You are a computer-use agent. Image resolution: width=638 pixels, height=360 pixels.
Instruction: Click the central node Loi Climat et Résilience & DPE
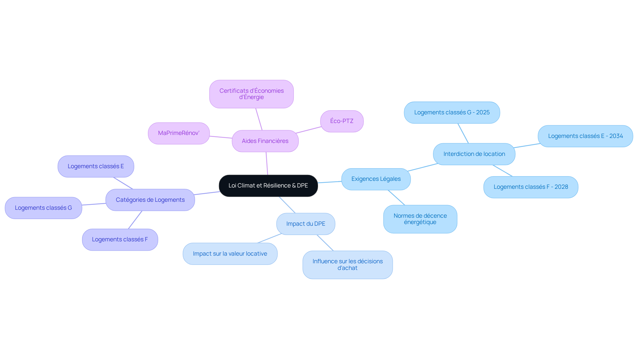tap(268, 185)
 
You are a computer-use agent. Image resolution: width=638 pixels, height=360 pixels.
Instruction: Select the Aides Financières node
tap(265, 141)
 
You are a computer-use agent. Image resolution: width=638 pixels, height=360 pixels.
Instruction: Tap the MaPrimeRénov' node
tap(179, 133)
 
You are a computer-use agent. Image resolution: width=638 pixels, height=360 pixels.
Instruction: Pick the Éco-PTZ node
tap(342, 121)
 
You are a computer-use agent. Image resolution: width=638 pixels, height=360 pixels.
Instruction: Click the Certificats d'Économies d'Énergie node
tap(252, 94)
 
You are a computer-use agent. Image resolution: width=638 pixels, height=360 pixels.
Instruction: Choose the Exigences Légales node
tap(376, 179)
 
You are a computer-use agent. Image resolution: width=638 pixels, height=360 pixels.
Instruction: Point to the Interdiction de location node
tap(474, 154)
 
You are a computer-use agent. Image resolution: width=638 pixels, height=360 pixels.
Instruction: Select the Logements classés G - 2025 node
tap(452, 113)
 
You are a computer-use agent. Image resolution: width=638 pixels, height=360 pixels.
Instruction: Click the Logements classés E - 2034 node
tap(585, 136)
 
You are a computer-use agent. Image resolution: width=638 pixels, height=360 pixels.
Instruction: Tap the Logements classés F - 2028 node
tap(531, 187)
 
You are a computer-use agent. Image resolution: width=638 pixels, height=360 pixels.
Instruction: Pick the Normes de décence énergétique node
tap(420, 219)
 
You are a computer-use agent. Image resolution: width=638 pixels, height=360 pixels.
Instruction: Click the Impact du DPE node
tap(306, 224)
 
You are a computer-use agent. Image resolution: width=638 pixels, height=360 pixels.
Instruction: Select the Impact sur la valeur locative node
tap(230, 254)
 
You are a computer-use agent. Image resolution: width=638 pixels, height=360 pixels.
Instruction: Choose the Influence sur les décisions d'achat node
tap(348, 265)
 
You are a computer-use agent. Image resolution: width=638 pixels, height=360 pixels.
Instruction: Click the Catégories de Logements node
tap(150, 200)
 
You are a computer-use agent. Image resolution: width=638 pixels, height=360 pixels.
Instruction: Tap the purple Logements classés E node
tap(96, 167)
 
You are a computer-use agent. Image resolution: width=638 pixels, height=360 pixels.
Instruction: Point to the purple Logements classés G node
tap(43, 208)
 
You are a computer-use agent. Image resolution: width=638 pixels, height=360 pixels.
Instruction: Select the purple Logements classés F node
tap(120, 240)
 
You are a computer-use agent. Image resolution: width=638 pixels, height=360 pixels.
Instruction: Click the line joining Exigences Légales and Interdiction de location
tap(423, 167)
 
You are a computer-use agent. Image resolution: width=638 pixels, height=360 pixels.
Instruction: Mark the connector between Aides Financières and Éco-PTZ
tap(308, 130)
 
